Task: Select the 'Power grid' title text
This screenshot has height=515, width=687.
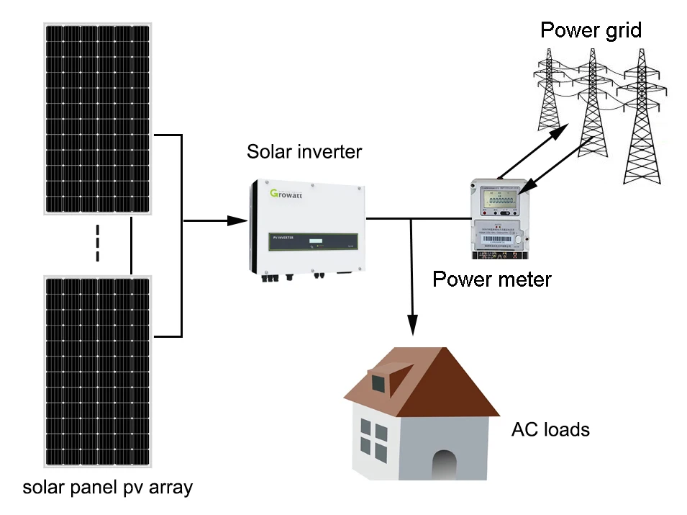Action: [x=590, y=30]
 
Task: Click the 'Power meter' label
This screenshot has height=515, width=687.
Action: [x=491, y=279]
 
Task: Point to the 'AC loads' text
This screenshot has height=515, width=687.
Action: [x=550, y=430]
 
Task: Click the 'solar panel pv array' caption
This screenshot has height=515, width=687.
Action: [x=108, y=488]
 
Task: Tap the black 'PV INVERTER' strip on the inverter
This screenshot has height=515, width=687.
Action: [x=307, y=240]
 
